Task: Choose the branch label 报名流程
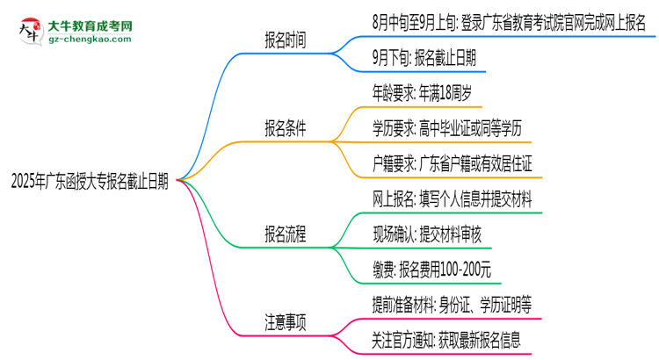click(287, 235)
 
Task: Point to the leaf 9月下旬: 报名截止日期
click(424, 57)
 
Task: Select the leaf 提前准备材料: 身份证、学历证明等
click(451, 304)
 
